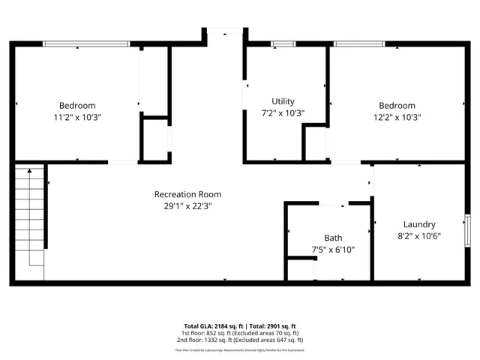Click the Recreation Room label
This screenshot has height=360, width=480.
187,194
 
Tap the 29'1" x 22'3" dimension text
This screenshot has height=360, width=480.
187,206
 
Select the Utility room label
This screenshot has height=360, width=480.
283,101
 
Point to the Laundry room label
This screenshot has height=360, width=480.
418,224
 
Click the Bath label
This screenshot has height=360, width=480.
333,238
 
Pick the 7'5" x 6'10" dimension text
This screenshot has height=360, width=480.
333,250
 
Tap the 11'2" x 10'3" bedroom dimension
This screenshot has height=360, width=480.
78,118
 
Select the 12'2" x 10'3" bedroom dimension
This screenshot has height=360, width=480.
397,118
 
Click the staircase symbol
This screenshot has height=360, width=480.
31,217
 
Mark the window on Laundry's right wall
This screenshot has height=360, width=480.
468,229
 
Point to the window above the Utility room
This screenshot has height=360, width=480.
283,43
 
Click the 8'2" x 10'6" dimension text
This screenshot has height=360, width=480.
418,236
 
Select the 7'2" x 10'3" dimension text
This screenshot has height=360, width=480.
283,113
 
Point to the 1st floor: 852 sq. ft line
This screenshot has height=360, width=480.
240,333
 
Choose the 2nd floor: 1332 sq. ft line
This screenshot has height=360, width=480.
240,340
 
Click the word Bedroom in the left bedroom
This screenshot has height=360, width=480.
78,106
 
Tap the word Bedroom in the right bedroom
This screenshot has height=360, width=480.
397,106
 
